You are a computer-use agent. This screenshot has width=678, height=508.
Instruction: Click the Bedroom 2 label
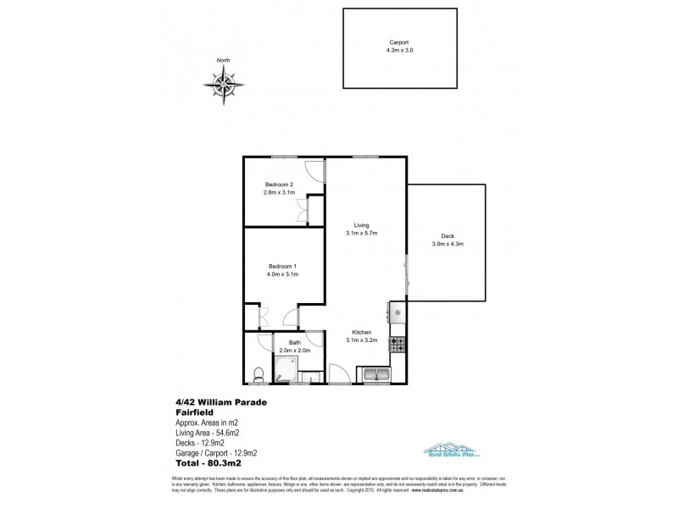[x=279, y=185]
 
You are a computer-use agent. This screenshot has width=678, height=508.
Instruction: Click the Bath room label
[x=294, y=342]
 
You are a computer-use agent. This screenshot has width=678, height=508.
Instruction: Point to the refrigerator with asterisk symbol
[x=397, y=312]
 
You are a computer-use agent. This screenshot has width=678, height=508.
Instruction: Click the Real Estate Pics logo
[x=445, y=452]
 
